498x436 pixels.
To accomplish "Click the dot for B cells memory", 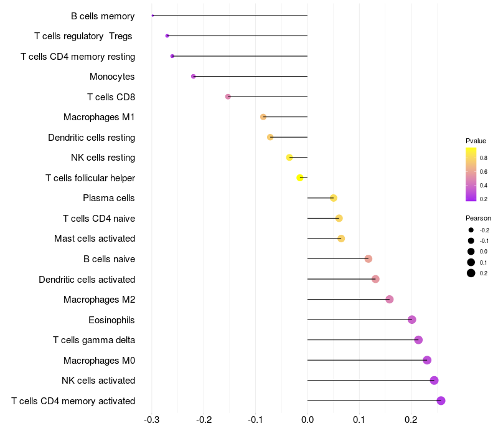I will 153,16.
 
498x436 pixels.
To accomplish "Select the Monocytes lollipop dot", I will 194,77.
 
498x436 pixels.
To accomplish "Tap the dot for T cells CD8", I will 228,97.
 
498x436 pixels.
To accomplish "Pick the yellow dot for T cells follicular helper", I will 300,178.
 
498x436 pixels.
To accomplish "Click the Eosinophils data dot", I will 411,320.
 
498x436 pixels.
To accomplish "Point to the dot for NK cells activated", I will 434,381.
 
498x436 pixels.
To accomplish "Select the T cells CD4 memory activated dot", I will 441,400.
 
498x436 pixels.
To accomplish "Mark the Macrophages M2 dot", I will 390,300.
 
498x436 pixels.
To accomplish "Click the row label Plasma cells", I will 109,198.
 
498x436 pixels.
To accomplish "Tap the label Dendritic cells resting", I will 92,137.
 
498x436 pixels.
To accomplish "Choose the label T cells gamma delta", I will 94,340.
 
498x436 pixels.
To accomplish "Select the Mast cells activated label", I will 95,239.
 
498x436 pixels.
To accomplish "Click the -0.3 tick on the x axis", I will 152,420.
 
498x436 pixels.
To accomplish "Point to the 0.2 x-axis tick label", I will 411,420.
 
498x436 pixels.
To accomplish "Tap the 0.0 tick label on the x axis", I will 308,420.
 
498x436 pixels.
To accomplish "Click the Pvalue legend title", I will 476,141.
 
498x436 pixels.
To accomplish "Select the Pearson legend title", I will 478,219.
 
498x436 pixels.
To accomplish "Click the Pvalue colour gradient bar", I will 471,174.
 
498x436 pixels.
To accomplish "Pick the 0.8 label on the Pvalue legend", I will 484,158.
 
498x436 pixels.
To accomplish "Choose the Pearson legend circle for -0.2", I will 471,230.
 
